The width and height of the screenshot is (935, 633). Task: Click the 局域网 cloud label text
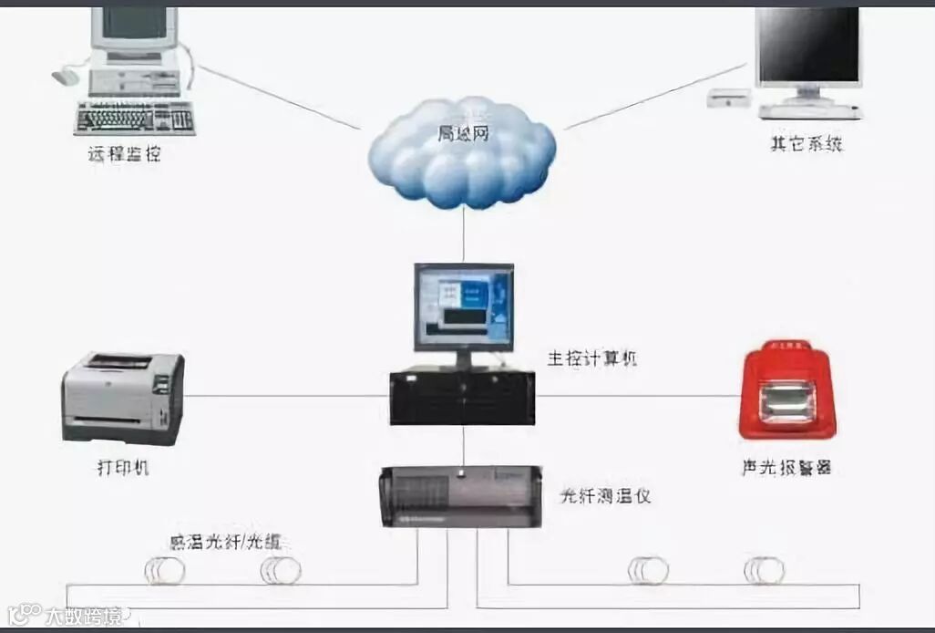[x=463, y=134]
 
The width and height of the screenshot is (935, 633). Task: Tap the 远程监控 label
[x=124, y=154]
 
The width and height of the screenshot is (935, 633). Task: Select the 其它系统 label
[x=807, y=144]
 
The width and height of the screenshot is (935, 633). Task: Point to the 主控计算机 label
[x=591, y=358]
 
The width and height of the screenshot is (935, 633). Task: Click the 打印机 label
[x=123, y=469]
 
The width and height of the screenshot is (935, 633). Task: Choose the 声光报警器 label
[x=786, y=468]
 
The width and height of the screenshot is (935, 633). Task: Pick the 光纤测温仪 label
[x=604, y=496]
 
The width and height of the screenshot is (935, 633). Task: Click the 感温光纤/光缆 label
[x=225, y=542]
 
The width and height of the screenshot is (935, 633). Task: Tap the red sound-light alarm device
[x=786, y=393]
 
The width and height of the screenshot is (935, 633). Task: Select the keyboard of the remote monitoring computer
[x=135, y=117]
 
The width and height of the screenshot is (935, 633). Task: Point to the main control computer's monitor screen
[x=463, y=306]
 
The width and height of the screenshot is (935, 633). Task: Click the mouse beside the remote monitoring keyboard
[x=66, y=77]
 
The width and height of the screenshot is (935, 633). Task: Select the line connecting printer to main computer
[x=287, y=396]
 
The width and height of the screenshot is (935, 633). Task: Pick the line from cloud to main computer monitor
[x=464, y=234]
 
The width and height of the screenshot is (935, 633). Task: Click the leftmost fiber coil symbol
[x=165, y=571]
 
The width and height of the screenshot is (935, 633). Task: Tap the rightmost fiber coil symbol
[x=764, y=571]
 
